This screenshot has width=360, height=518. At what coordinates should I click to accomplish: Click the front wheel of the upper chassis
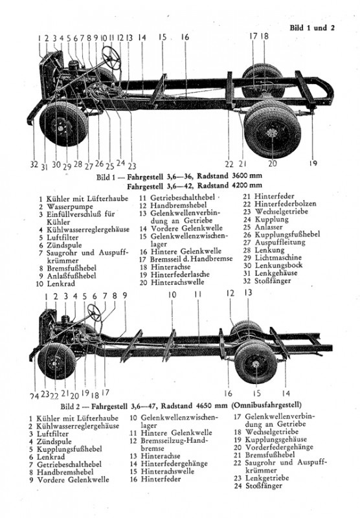pos(63,124)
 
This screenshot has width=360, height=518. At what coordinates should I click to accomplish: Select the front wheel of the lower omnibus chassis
pos(57,361)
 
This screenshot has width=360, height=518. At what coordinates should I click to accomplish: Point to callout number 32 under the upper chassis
pos(34,164)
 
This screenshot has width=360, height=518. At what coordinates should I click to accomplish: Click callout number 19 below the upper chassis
pos(313,163)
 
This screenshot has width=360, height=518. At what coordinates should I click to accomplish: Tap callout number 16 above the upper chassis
pos(185,37)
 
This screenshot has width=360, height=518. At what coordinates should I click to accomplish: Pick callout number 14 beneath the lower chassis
pos(286,393)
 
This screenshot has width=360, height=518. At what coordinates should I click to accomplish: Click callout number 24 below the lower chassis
pos(35,396)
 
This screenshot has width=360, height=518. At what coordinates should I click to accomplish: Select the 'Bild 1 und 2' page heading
pos(312,28)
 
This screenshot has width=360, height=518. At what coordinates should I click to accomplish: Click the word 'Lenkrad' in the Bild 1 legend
pos(61,284)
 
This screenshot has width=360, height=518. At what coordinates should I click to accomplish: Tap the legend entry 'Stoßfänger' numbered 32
pos(273,281)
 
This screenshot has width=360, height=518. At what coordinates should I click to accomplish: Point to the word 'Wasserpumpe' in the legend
pos(70,207)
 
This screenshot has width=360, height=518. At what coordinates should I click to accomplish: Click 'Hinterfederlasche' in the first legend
pos(180,275)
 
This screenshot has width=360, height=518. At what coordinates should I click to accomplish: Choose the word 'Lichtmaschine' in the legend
pos(278,258)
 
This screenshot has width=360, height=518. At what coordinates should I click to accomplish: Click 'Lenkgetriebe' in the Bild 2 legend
pos(267,478)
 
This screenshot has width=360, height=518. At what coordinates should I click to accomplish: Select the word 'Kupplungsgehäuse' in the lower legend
pos(276,440)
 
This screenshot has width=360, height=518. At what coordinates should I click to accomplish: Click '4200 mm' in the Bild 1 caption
pos(247,185)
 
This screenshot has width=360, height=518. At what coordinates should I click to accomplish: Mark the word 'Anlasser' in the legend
pos(269,227)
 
